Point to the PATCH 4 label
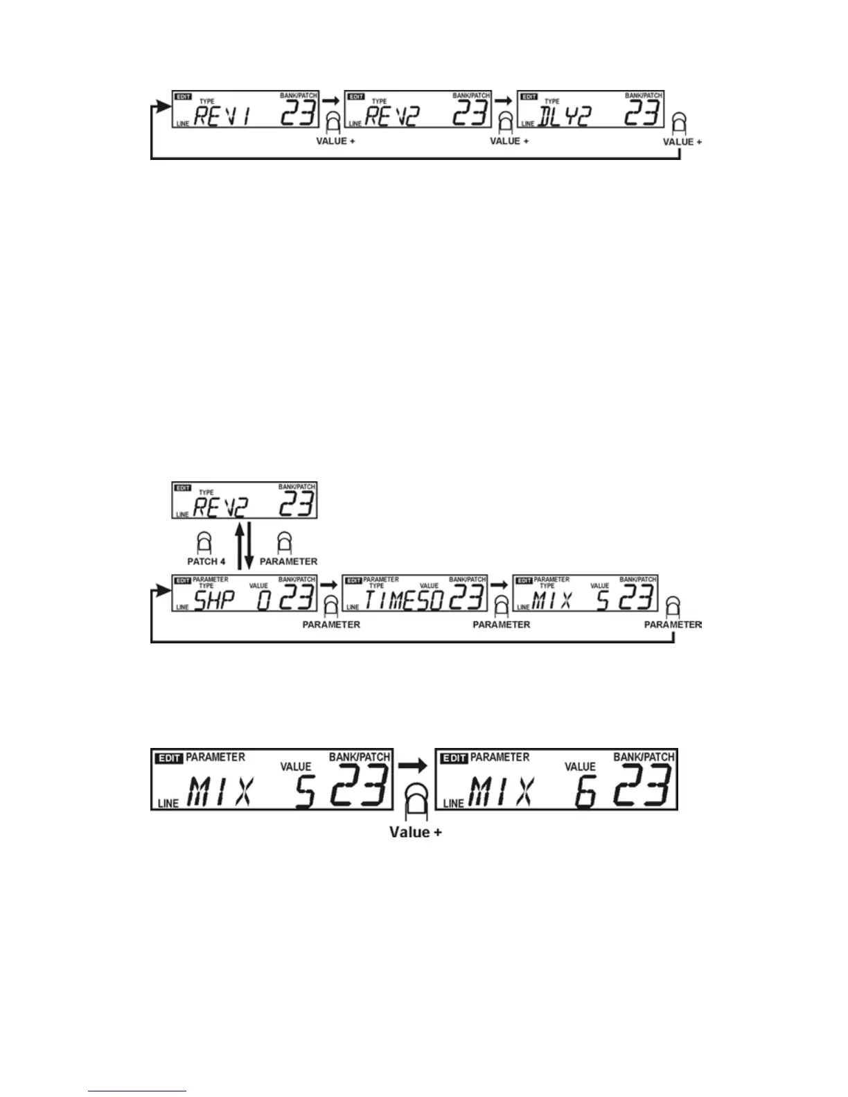click(206, 562)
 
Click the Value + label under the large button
click(416, 832)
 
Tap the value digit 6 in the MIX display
click(585, 793)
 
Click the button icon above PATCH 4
click(205, 542)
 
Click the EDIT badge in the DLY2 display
click(529, 97)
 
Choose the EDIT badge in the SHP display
click(182, 580)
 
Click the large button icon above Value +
click(416, 801)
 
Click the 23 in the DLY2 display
click(642, 113)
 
